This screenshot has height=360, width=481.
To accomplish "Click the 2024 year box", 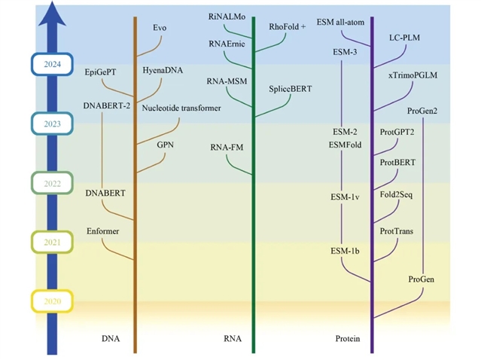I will coord(51,65).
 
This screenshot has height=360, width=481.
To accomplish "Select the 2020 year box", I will coord(51,302).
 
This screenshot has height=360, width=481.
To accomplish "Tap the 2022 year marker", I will coord(51,183).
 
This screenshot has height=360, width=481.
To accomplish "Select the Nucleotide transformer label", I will coord(181,108).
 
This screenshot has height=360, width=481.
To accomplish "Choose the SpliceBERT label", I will coord(290,89).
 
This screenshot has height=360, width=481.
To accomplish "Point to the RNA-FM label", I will coord(227,147).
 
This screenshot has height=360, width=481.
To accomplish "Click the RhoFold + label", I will coord(288,26).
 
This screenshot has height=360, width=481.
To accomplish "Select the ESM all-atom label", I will coord(340,22).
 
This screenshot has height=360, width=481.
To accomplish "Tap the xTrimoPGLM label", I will coord(413,75).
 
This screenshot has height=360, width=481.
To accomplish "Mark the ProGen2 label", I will coord(422,111).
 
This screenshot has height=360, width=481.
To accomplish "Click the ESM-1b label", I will coord(346,250).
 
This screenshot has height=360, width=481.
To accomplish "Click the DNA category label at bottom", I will coord(111,339).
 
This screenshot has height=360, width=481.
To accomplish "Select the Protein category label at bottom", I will coord(347,339).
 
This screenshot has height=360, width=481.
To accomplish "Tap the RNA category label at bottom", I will coord(233,339).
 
